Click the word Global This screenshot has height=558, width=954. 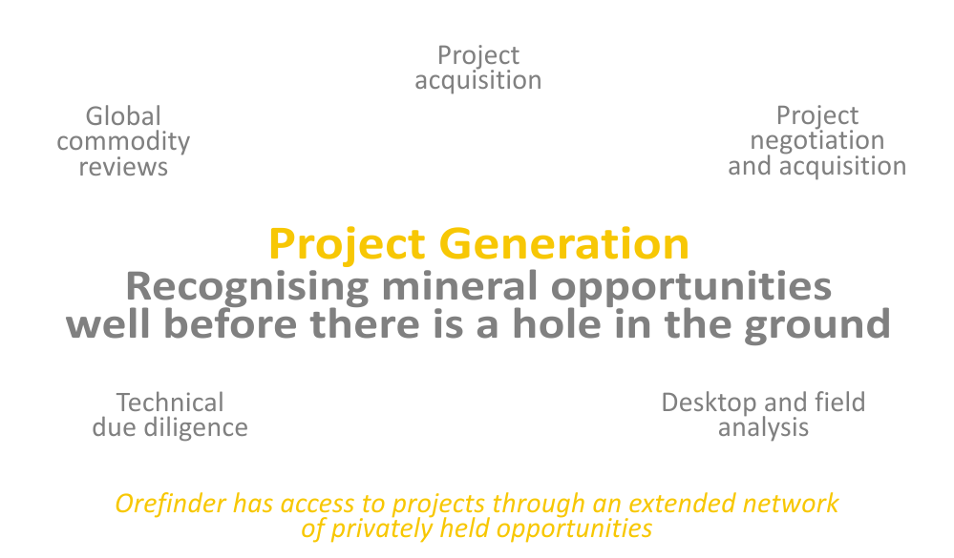pos(123,116)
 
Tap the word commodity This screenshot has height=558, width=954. pos(123,142)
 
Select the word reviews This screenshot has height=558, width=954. pos(123,167)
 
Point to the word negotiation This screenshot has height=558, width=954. pos(817,141)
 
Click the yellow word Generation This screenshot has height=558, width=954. pos(564,244)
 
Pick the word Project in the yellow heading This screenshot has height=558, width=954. pos(347,245)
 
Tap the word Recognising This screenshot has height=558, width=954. pos(247,287)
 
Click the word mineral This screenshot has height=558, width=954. pos(459,286)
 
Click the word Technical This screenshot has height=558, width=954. pos(170,403)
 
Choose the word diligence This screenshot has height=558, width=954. pos(196,428)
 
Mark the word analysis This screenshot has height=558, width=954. pos(764,428)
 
